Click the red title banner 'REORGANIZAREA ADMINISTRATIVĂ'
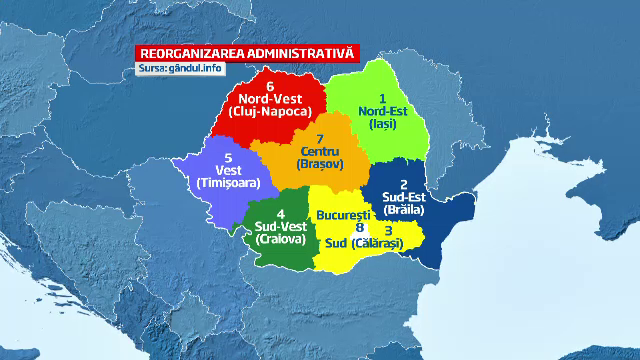[x=246, y=53]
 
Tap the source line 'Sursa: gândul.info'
[x=181, y=68]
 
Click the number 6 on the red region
[x=270, y=86]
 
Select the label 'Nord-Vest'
[x=270, y=99]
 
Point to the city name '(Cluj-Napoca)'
[x=270, y=113]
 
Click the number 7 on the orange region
[x=319, y=139]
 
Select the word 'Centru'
[x=319, y=152]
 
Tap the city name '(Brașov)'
[x=319, y=166]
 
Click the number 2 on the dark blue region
[x=403, y=184]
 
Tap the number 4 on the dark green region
[x=281, y=214]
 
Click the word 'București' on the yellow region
[x=343, y=215]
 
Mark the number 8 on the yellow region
[x=360, y=228]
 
